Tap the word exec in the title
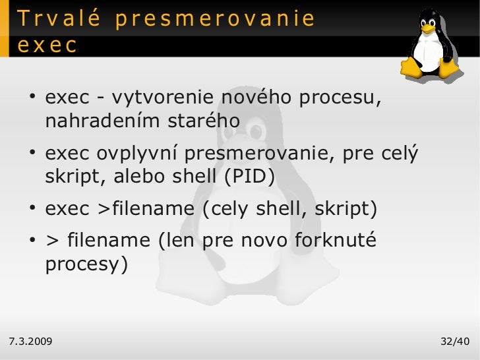pyautogui.click(x=47, y=45)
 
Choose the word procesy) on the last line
pyautogui.click(x=86, y=264)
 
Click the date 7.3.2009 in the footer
pyautogui.click(x=31, y=341)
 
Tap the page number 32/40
pyautogui.click(x=454, y=341)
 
